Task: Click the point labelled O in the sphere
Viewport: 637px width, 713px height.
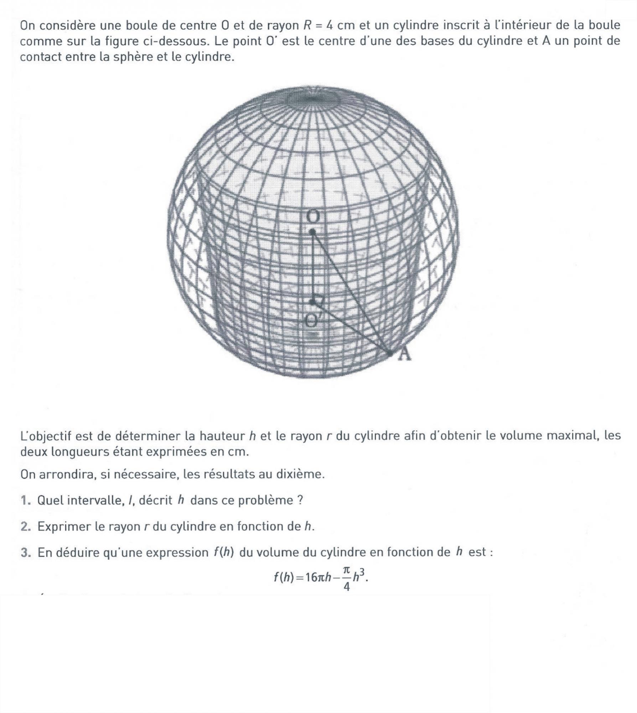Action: [x=312, y=232]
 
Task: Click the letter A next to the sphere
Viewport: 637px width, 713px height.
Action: [x=404, y=355]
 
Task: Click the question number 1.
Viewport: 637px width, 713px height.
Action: [x=24, y=500]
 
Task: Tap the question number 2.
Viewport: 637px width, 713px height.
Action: [x=24, y=526]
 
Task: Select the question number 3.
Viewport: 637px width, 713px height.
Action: [x=24, y=552]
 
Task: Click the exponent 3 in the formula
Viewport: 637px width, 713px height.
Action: [x=361, y=572]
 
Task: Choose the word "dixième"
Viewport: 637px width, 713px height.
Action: [x=300, y=474]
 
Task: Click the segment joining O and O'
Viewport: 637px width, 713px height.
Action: [x=312, y=267]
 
